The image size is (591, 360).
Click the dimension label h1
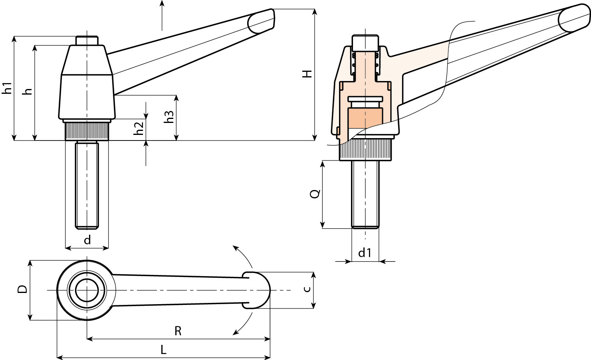(8, 88)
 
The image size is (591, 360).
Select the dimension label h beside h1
(28, 91)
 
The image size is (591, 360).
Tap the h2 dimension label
(139, 128)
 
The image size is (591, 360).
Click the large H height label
(307, 74)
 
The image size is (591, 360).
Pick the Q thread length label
(315, 194)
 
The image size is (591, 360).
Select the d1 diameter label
(365, 253)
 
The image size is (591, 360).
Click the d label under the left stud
(87, 240)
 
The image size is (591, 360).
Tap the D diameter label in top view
(23, 289)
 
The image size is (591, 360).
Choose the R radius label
(178, 331)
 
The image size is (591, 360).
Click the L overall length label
(163, 350)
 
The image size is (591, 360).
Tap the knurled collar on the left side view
(87, 131)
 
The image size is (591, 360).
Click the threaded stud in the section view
(365, 194)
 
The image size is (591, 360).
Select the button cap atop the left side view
(87, 40)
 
